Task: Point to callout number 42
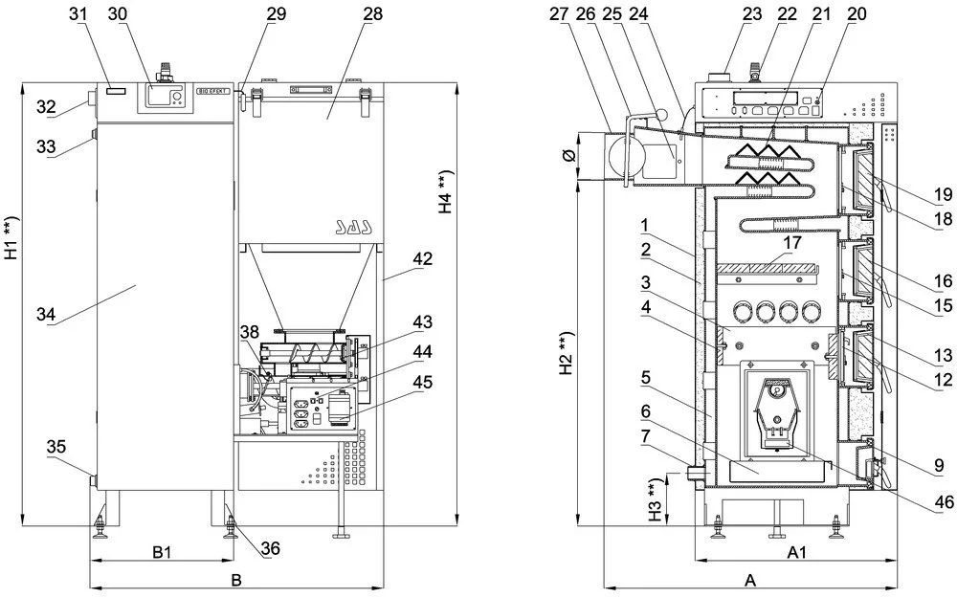pos(422,258)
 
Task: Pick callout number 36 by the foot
pos(271,548)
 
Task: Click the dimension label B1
pos(162,552)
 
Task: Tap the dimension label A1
pos(797,552)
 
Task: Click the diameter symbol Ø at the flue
pos(568,155)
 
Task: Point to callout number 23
pos(751,13)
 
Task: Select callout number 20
pos(857,13)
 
